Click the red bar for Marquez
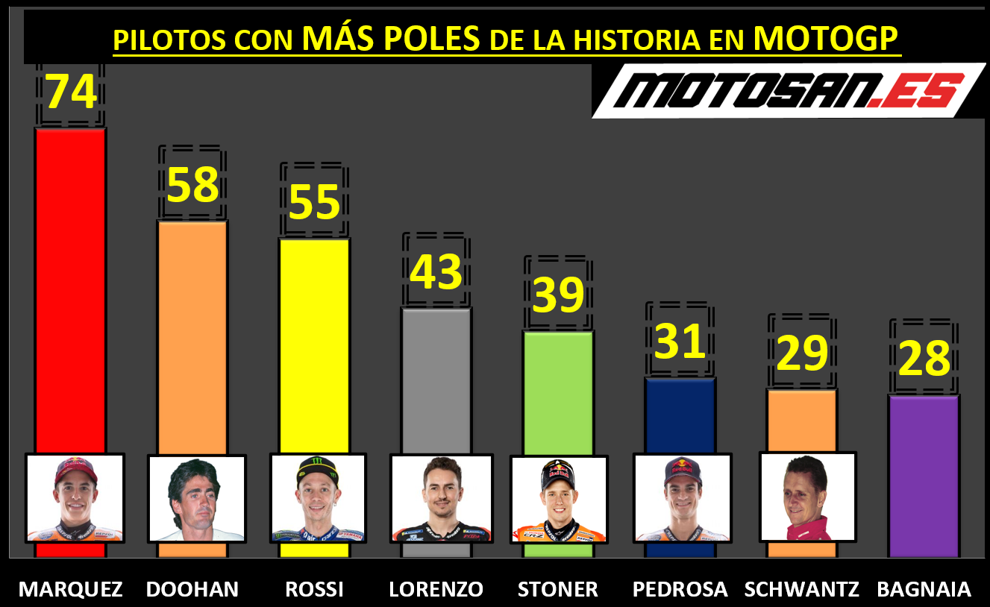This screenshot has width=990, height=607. coord(71,291)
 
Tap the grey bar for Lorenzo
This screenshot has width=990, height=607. coord(436,380)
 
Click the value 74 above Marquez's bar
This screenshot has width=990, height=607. coord(72,92)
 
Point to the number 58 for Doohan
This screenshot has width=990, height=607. coord(192,185)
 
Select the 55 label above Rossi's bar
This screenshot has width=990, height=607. coord(314,202)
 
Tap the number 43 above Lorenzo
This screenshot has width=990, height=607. coord(436,271)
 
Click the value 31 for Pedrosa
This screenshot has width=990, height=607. coord(680,341)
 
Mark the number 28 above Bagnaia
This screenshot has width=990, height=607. coord(924,359)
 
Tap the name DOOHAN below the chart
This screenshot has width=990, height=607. coord(192,589)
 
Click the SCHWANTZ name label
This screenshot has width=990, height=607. coord(802,589)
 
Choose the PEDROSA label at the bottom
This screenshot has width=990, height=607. coord(680,589)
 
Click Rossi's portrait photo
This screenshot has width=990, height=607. coord(318,498)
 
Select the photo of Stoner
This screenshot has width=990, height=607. coord(559,499)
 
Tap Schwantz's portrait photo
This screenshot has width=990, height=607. coord(807,496)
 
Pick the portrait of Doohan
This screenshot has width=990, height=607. coord(196,498)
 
